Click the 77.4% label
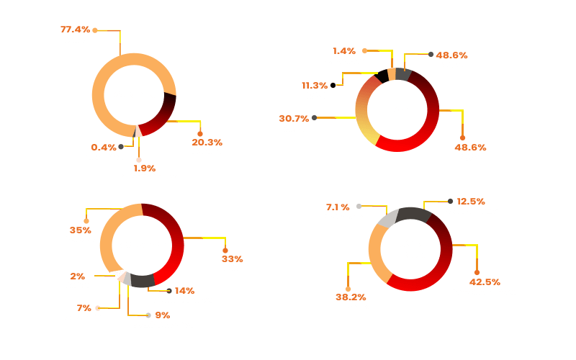[x=76, y=30]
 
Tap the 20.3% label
[x=207, y=143]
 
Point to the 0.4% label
[x=104, y=148]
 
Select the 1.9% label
[x=145, y=168]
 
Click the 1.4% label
[x=344, y=51]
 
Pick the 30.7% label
[x=294, y=119]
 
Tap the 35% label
[x=81, y=230]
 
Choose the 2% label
[x=78, y=276]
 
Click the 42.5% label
[x=485, y=282]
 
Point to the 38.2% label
[x=351, y=297]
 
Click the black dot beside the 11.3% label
[x=333, y=85]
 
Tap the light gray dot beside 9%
[x=148, y=315]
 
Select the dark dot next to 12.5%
[x=451, y=202]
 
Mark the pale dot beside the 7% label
[x=98, y=308]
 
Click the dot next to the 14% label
[x=169, y=291]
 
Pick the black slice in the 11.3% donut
[x=382, y=76]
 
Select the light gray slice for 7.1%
[x=387, y=219]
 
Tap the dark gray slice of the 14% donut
[x=143, y=281]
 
